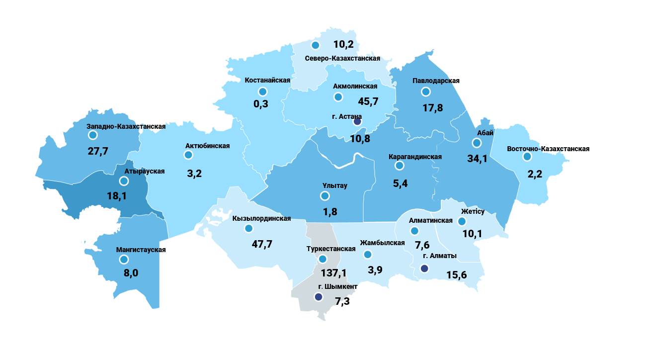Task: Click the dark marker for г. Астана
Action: tap(357, 122)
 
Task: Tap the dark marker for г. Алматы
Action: tap(424, 269)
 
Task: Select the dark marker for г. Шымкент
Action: tap(318, 297)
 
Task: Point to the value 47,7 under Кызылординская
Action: tap(262, 244)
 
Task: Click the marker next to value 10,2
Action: tap(315, 45)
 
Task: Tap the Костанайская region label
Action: tap(267, 80)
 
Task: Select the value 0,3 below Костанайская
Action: tap(261, 104)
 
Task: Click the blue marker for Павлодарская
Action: tap(425, 91)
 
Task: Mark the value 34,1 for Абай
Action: tap(478, 159)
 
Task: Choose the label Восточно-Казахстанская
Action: tap(548, 149)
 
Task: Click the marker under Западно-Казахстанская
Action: tap(92, 135)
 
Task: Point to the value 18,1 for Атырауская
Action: tap(117, 196)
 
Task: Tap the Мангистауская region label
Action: tap(141, 250)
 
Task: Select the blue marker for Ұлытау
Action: tap(325, 195)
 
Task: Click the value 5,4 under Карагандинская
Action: tap(400, 183)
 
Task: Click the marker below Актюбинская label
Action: tap(188, 155)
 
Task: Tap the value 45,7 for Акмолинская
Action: tap(368, 101)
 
